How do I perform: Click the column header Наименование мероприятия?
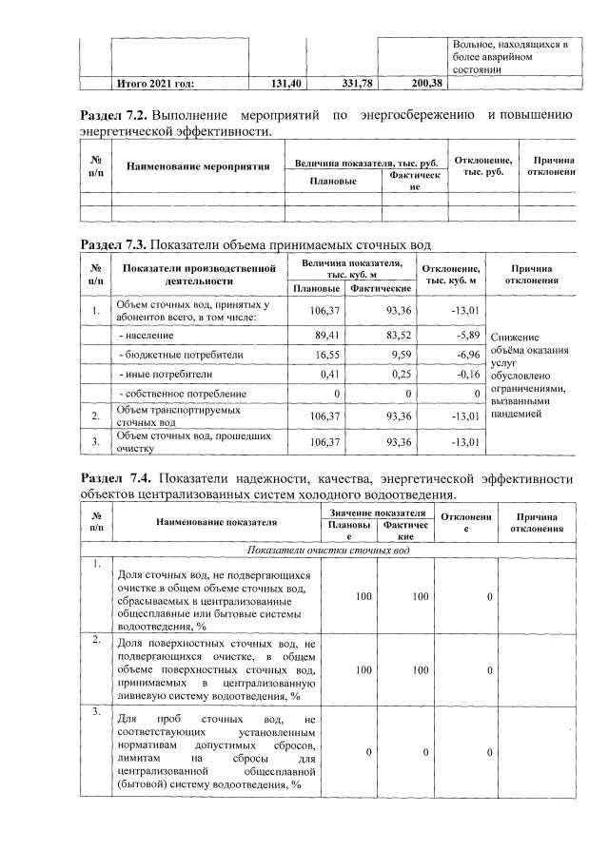point(187,166)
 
